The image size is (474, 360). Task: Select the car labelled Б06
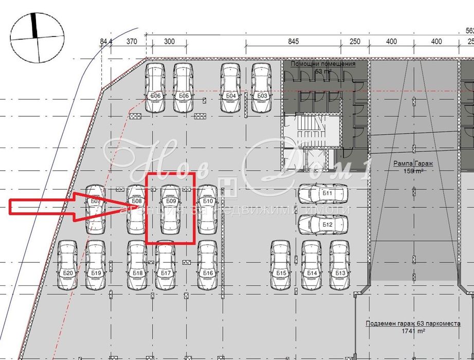[x=155, y=88]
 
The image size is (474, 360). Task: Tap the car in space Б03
[x=261, y=88]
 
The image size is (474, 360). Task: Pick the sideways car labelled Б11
[x=322, y=194]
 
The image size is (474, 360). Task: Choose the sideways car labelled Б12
[x=322, y=224]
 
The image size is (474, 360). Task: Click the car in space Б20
[x=67, y=265]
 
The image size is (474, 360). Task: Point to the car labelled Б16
[x=207, y=265]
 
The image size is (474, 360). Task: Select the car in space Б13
[x=339, y=265]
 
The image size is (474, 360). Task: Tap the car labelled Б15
[x=281, y=265]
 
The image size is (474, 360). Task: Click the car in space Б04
[x=231, y=88]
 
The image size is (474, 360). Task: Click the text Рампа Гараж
[x=413, y=164]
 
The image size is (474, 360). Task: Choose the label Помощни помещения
[x=323, y=64]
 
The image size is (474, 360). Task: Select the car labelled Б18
[x=137, y=265]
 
